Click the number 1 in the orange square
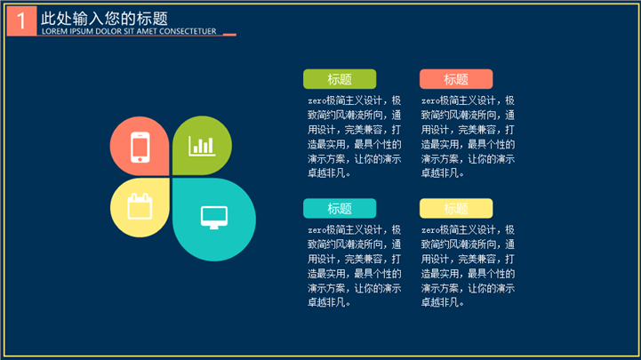[21, 20]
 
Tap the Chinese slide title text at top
[104, 19]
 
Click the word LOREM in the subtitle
[54, 31]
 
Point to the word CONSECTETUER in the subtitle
[188, 31]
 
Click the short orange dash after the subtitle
[229, 35]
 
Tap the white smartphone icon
[140, 147]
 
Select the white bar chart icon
[202, 146]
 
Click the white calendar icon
[140, 207]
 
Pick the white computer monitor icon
[214, 218]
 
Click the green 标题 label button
[340, 79]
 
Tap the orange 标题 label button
[456, 79]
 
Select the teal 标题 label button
[340, 208]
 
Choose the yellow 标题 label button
[456, 208]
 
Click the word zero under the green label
[316, 101]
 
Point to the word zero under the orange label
[430, 101]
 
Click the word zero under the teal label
[316, 230]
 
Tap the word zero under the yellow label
[430, 230]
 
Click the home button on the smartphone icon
[140, 159]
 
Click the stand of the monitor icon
[214, 228]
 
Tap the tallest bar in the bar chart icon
[210, 146]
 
